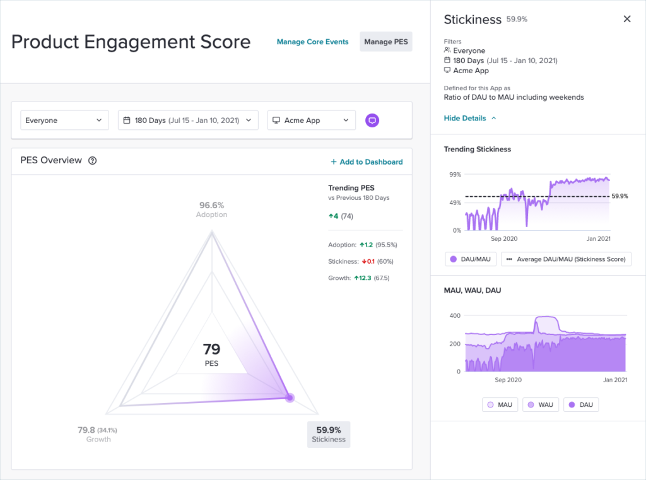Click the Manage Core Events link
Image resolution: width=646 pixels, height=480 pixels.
pyautogui.click(x=312, y=42)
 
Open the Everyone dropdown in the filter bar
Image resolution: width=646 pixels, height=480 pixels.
pyautogui.click(x=64, y=120)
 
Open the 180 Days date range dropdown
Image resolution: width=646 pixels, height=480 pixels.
pyautogui.click(x=188, y=120)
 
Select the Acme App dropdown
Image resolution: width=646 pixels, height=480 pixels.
pyautogui.click(x=311, y=120)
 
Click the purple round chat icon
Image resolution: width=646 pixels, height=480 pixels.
pyautogui.click(x=373, y=120)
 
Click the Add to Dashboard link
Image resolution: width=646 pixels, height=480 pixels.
pyautogui.click(x=367, y=162)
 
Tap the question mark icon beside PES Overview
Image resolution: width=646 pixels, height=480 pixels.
pyautogui.click(x=93, y=161)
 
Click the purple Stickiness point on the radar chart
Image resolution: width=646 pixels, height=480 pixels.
pyautogui.click(x=290, y=397)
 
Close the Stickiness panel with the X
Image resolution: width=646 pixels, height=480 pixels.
pyautogui.click(x=626, y=19)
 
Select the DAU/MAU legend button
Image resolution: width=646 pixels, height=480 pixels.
pyautogui.click(x=470, y=259)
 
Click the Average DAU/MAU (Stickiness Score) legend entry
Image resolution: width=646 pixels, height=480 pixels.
pyautogui.click(x=566, y=259)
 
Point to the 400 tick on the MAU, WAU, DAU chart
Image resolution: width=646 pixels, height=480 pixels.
pyautogui.click(x=454, y=315)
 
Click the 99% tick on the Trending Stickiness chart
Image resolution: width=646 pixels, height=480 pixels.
pyautogui.click(x=454, y=174)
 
